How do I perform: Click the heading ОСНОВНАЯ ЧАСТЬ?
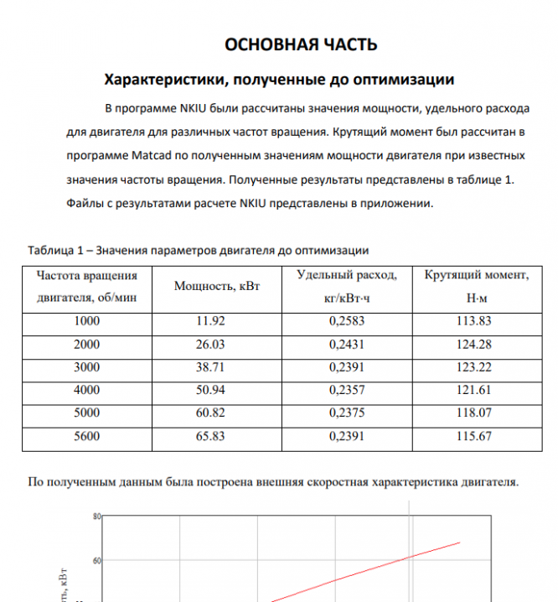(x=302, y=44)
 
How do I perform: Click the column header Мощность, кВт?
(x=216, y=287)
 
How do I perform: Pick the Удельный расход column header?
(x=347, y=276)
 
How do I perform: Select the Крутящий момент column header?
(x=476, y=276)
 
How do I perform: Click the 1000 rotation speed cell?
(x=86, y=321)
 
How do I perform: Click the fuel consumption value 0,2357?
(x=347, y=391)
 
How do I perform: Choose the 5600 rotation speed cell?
(x=86, y=437)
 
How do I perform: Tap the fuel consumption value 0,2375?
(x=347, y=413)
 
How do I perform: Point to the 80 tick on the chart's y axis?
(x=97, y=516)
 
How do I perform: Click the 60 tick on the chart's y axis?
(x=97, y=560)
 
